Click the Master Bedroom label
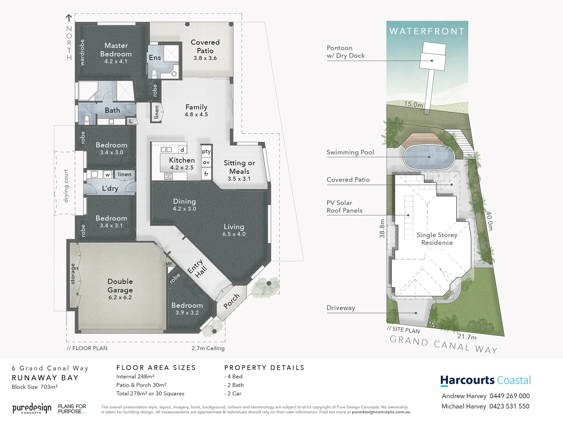tap(116, 50)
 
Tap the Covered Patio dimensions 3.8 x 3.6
tap(205, 58)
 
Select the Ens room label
tap(155, 58)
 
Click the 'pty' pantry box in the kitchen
tap(206, 151)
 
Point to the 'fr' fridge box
tap(206, 174)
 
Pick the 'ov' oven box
tap(206, 162)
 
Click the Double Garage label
tap(120, 286)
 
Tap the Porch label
tap(231, 301)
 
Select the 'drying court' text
tap(66, 186)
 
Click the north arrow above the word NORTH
tap(69, 18)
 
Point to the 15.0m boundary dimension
tap(413, 104)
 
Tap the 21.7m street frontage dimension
tap(467, 336)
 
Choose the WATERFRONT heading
tap(427, 31)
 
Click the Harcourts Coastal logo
tap(486, 380)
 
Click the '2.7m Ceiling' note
tap(208, 348)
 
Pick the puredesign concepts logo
tap(32, 409)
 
